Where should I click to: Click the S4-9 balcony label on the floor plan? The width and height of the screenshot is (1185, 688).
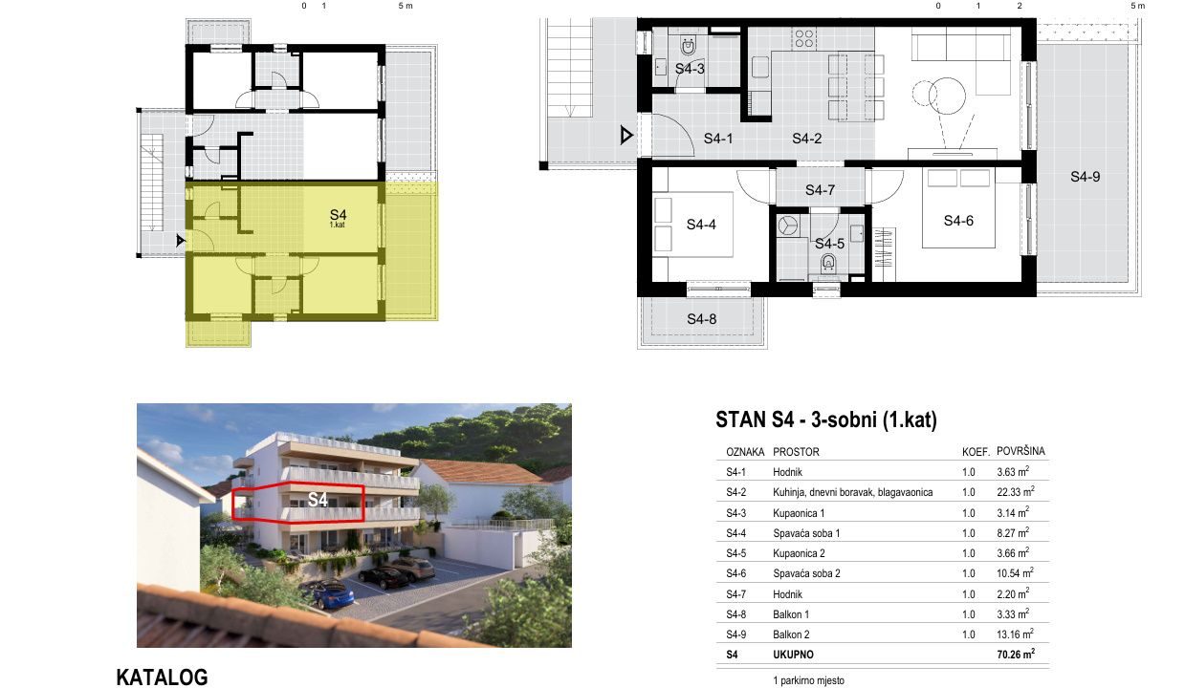[x=1085, y=177]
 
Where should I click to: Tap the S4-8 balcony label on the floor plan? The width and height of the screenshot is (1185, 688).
[x=701, y=318]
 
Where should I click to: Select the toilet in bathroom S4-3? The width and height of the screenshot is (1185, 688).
[x=689, y=46]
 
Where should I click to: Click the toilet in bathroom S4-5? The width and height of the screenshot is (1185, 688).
[x=828, y=262]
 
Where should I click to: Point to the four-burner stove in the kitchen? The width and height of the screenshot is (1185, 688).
[x=804, y=38]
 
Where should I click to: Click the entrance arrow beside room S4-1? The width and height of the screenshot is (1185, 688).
[x=626, y=136]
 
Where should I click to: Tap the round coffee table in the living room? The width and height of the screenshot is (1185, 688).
[x=947, y=96]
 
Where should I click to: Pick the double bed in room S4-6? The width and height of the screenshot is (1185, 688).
[x=958, y=207]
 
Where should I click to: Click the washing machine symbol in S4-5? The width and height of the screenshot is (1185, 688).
[x=788, y=226]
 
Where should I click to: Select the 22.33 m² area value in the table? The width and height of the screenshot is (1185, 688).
[x=1015, y=491]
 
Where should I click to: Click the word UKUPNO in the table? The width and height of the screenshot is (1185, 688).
[x=793, y=655]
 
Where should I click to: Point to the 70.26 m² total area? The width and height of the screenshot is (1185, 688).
[x=1016, y=654]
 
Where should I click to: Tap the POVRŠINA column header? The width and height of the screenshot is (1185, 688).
[x=1020, y=451]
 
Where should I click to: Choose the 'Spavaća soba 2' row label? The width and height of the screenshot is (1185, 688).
[x=806, y=573]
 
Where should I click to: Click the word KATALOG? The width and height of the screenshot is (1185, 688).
[x=162, y=677]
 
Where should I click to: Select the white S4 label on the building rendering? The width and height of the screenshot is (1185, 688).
[x=318, y=500]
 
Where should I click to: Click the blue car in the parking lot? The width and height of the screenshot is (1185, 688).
[x=333, y=594]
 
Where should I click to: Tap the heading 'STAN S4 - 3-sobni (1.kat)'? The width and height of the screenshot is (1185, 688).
[x=825, y=419]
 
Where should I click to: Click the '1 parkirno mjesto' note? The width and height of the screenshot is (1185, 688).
[x=808, y=680]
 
